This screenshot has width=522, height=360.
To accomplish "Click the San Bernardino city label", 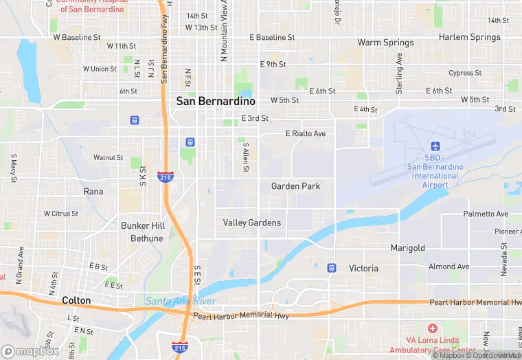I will [x=216, y=101].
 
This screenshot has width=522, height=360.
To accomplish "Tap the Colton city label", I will [x=76, y=300].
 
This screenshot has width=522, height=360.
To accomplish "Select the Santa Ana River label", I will [x=181, y=302].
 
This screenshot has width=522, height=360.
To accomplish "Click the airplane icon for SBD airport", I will [x=434, y=146].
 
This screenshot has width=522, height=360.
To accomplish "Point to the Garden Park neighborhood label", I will [x=295, y=186].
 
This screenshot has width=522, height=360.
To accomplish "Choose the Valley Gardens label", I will [x=252, y=223].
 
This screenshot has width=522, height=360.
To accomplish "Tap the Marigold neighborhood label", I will [x=408, y=248].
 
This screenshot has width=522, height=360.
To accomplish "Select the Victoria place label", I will [x=363, y=268].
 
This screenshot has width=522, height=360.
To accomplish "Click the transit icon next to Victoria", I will [x=332, y=267].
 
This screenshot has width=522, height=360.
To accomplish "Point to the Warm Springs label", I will [x=385, y=43].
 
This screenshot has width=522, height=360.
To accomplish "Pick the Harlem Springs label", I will [x=470, y=37].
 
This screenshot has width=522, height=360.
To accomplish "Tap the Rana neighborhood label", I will [x=93, y=192].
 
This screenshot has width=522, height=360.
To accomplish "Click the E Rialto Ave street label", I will [x=306, y=133].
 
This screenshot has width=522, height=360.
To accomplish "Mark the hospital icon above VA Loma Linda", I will [x=432, y=328].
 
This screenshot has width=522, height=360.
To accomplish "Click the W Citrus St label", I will [x=61, y=214].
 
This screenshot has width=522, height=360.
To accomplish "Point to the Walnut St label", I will [x=108, y=157].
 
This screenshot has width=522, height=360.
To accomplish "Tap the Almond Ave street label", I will [x=449, y=267].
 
